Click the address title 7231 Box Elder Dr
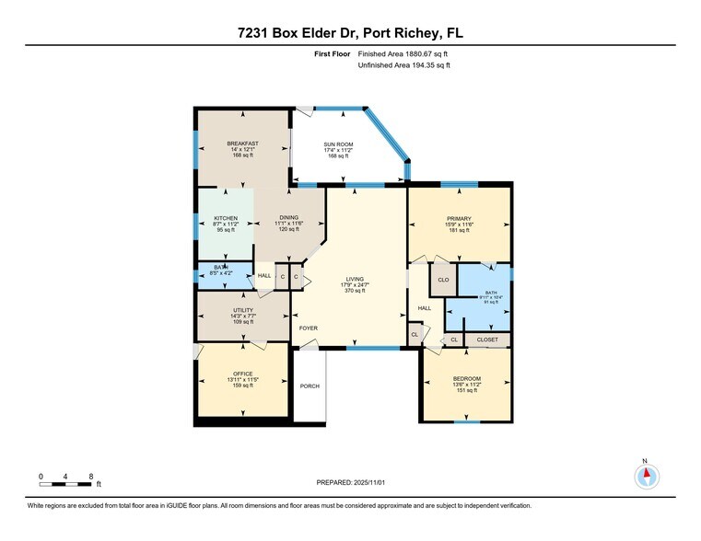(x=350, y=33)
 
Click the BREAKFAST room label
(x=243, y=144)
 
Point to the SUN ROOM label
(x=337, y=144)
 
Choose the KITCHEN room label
(x=226, y=218)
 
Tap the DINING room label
(x=290, y=218)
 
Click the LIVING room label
(x=355, y=279)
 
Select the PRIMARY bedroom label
(x=459, y=219)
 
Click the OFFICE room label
(x=242, y=374)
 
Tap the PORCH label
(x=310, y=386)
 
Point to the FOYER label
(x=308, y=328)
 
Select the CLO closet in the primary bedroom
(x=442, y=280)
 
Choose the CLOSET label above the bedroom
(x=487, y=340)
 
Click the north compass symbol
(x=647, y=476)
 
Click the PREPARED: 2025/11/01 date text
(x=350, y=482)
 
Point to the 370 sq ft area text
(x=355, y=291)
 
